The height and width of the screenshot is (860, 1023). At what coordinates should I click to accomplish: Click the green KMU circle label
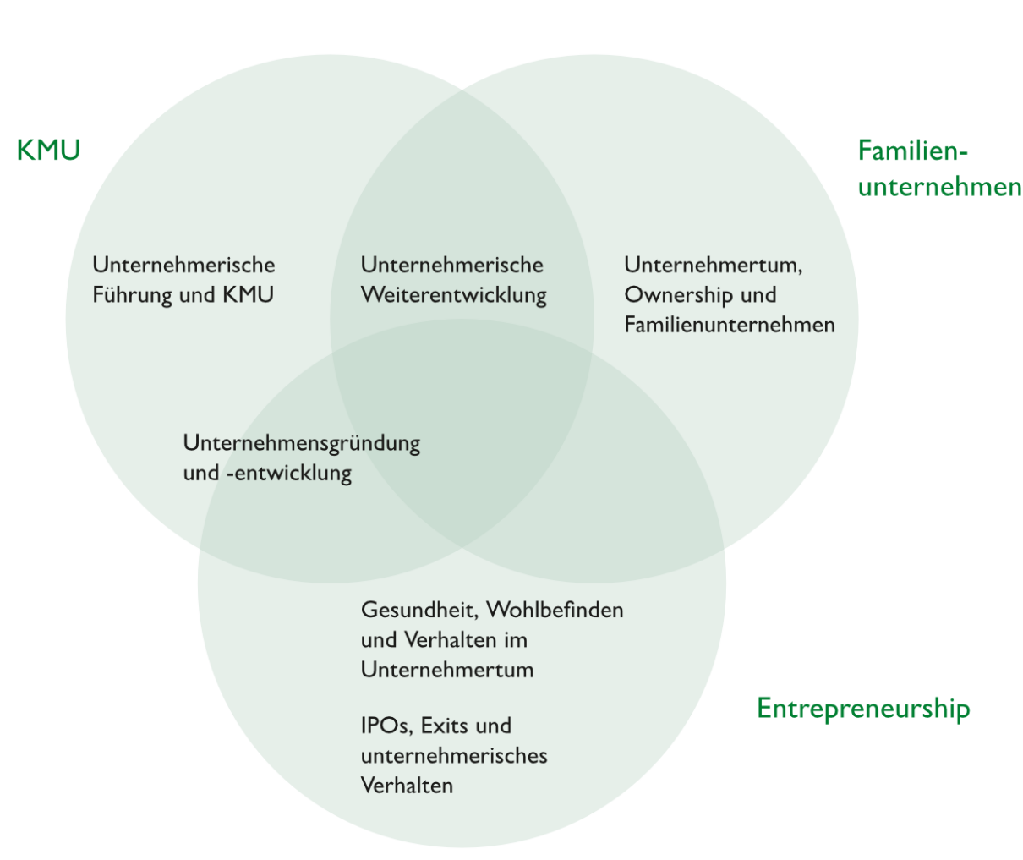(x=48, y=151)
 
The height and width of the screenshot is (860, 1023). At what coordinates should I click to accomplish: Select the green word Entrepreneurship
(x=862, y=708)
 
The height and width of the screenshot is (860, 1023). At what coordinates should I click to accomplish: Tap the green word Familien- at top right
(x=911, y=151)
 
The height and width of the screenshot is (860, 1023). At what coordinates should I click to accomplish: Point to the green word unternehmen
(x=939, y=186)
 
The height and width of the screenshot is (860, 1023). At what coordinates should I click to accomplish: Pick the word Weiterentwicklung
(x=453, y=295)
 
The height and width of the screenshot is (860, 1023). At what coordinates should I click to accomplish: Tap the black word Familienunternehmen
(x=729, y=325)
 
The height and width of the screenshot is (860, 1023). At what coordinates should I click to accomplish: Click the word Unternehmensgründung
(x=301, y=443)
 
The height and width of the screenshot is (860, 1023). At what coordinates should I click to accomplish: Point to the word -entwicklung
(x=288, y=473)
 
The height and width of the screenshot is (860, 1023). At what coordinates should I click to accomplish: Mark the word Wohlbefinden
(x=555, y=610)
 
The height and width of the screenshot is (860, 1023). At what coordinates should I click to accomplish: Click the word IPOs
(x=386, y=726)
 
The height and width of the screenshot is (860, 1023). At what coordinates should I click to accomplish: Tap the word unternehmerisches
(x=453, y=755)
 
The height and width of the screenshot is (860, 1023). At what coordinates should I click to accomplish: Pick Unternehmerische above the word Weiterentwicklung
(x=451, y=265)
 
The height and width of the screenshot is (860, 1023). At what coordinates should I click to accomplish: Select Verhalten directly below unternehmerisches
(x=407, y=786)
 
